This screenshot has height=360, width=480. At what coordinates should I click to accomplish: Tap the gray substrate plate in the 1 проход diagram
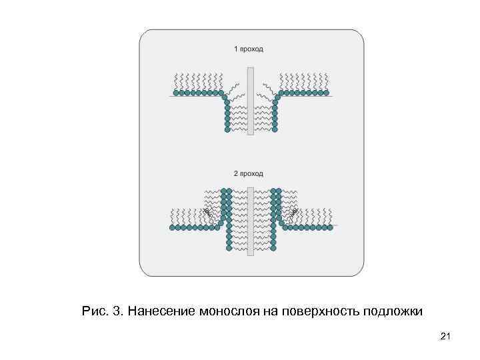[x=251, y=101]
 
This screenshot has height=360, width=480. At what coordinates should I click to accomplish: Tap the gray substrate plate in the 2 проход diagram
[x=251, y=221]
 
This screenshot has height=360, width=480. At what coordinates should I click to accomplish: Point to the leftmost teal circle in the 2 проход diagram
[x=172, y=227]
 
